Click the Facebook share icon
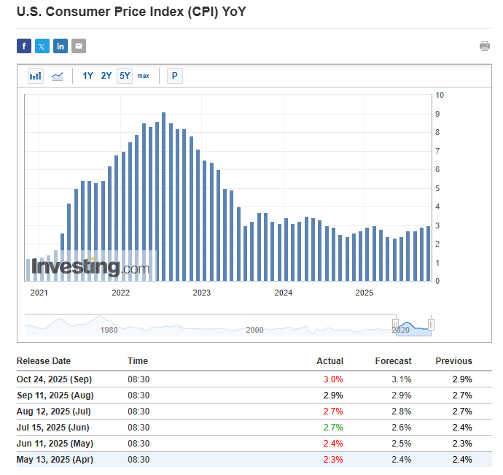pos(24,46)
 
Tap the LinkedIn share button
pos(61,46)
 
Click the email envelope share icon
pos(79,46)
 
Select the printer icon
pos(485,46)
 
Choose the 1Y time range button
pos(87,76)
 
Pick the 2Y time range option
pos(106,76)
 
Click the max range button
pos(144,76)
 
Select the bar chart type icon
pos(36,76)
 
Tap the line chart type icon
pos(57,76)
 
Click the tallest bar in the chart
pos(164,197)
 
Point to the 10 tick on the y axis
pos(440,96)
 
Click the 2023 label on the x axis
pos(202,293)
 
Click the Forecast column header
pos(393,361)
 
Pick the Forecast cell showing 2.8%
pos(401,412)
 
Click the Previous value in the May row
pos(462,444)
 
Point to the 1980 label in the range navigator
pos(109,330)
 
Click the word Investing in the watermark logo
pos(75,268)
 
